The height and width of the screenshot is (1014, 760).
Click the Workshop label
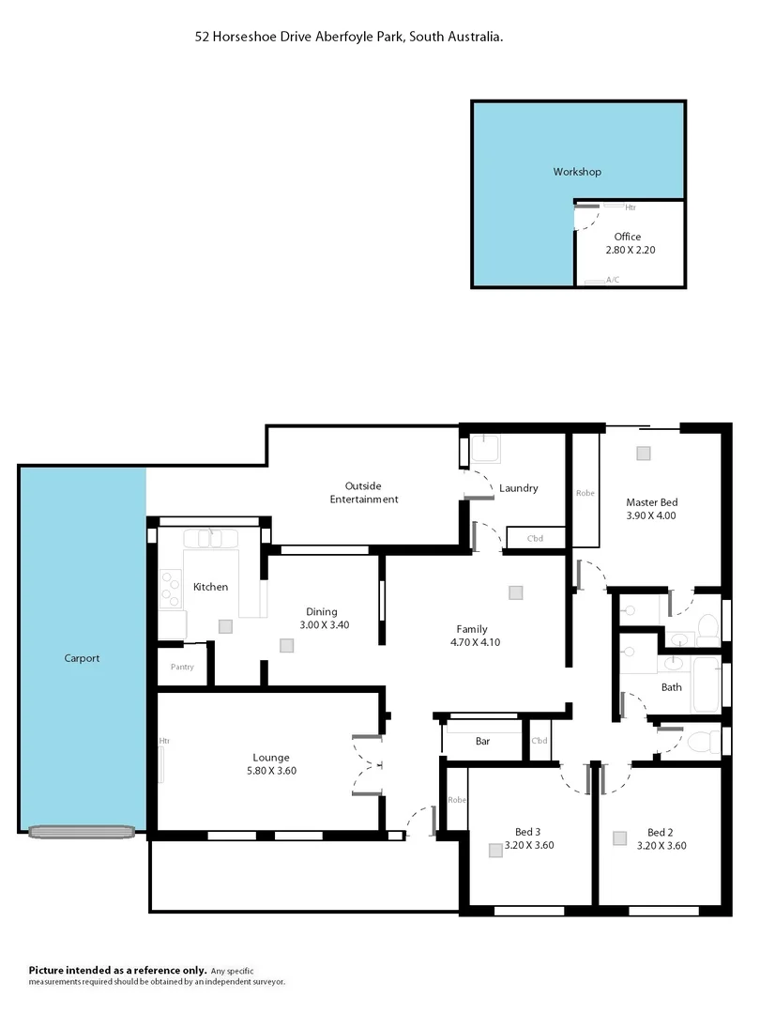tap(577, 172)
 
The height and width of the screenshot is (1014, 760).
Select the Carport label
tap(82, 658)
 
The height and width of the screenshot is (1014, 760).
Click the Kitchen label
tap(210, 587)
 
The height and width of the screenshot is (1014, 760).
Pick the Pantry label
tap(181, 667)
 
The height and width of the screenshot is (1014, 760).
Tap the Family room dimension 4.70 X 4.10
tap(472, 643)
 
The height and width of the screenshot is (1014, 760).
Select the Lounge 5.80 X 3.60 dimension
tap(270, 771)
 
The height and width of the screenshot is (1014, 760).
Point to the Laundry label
tap(518, 488)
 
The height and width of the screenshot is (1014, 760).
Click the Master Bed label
tap(650, 502)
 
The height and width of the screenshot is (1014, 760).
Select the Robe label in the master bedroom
tap(585, 492)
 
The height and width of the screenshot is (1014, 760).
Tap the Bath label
tap(671, 687)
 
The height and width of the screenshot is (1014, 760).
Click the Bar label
tap(482, 742)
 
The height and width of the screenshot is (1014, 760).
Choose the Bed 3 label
tap(527, 832)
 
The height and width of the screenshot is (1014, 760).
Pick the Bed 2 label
tap(660, 832)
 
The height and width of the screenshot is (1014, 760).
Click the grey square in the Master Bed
tap(643, 453)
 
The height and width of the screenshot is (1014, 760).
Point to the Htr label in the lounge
tap(164, 741)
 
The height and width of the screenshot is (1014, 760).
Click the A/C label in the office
tap(613, 280)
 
